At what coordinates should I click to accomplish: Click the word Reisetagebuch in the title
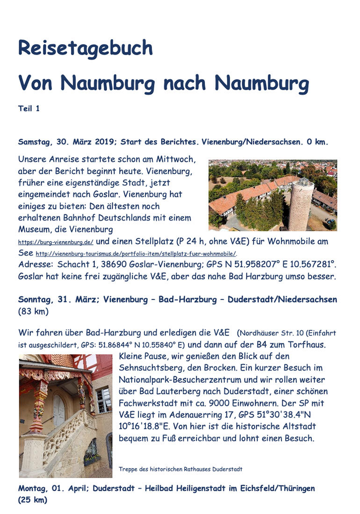tap(85, 48)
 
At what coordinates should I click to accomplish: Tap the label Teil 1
tap(29, 108)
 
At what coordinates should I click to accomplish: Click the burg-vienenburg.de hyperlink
tap(56, 243)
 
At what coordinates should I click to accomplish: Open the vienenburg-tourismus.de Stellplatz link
tap(136, 254)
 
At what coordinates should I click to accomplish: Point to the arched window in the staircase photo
tap(59, 410)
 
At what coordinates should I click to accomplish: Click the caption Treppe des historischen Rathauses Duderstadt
tap(180, 469)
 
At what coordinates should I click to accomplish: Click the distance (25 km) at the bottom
tap(33, 500)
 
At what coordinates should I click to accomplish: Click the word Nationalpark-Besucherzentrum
tap(176, 379)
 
